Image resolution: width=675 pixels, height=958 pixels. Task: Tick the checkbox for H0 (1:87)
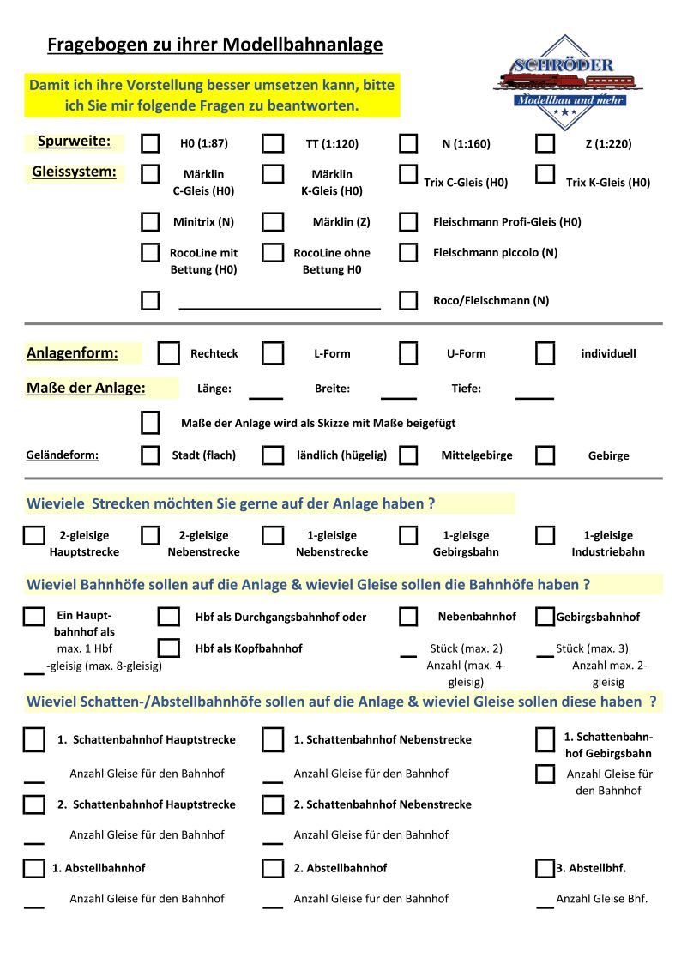point(150,143)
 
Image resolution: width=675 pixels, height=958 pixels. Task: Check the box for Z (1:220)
point(545,143)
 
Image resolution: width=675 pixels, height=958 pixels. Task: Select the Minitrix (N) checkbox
point(150,222)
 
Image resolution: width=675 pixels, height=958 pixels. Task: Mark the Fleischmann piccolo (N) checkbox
point(408,253)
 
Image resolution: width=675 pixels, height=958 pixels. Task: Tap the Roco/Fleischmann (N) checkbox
point(408,300)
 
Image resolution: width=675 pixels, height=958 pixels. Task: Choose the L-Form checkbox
point(273,353)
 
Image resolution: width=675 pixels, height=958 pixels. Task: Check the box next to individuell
point(545,353)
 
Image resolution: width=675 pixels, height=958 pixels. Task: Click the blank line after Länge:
point(266,396)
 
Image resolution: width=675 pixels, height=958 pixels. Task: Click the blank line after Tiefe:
point(534,396)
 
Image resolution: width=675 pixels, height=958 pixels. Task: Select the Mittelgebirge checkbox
point(408,455)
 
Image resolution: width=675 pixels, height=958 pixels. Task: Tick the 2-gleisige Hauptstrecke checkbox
point(33,536)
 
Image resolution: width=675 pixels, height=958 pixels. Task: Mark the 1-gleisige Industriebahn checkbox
point(545,536)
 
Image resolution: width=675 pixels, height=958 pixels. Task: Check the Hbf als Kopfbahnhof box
point(169,648)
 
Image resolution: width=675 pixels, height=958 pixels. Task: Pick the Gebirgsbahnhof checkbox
point(545,617)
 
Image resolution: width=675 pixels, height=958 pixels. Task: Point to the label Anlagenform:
point(72,353)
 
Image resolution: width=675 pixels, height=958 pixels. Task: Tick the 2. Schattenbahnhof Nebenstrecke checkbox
point(273,804)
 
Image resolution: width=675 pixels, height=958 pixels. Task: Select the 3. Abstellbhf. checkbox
point(545,868)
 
